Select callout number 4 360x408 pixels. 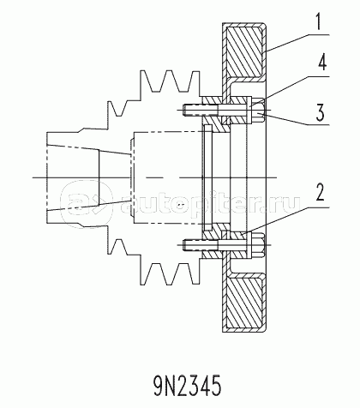323,63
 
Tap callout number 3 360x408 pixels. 320,112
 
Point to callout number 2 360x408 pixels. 321,192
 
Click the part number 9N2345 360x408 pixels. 188,386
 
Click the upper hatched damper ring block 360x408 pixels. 244,51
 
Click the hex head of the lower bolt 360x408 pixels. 258,245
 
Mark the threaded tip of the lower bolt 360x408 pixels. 186,245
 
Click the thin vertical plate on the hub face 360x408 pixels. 208,177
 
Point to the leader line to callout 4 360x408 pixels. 289,92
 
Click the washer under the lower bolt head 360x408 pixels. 249,245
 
